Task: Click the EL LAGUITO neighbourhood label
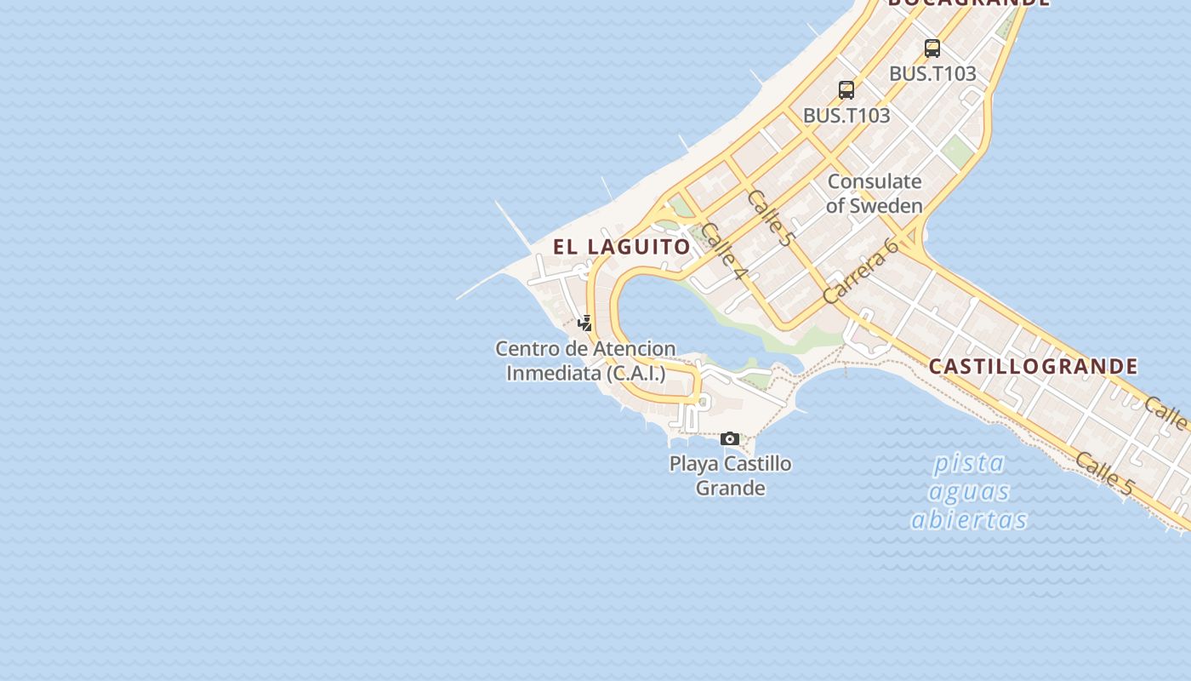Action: pos(622,247)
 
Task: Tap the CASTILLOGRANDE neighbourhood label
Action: pos(1033,367)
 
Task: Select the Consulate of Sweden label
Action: pos(874,193)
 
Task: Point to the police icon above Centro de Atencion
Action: pos(585,323)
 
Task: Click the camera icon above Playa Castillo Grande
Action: pos(730,439)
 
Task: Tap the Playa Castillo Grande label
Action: pos(730,476)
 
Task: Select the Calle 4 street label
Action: pos(725,252)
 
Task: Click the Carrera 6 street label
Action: pos(861,272)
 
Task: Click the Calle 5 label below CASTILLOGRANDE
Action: pos(1104,474)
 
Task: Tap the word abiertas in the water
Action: pos(969,519)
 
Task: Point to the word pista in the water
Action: pos(969,464)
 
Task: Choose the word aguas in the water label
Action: pos(969,491)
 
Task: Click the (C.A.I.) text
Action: pos(636,373)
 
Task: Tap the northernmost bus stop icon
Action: pos(932,49)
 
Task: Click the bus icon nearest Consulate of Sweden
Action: pos(846,89)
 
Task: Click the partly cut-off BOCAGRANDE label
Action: pos(969,3)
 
